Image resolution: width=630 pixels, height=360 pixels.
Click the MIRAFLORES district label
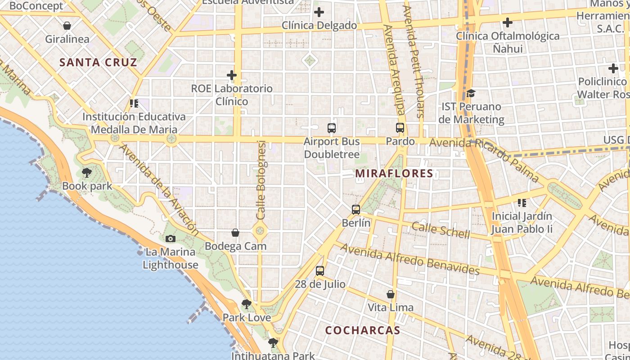point(394,173)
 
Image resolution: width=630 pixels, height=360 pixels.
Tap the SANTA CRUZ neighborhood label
point(98,62)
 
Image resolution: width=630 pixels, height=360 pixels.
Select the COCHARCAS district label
point(363,330)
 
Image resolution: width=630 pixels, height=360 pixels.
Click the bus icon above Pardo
point(400,128)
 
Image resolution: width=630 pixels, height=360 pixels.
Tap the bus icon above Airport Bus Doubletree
point(332,128)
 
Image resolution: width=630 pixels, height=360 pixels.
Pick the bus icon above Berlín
point(356,210)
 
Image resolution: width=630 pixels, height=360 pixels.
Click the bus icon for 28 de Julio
point(320,271)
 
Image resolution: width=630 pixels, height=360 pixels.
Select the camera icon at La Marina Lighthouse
point(171,238)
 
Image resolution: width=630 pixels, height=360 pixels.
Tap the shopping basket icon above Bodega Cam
point(235,233)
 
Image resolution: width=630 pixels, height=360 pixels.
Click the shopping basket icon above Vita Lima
point(391,294)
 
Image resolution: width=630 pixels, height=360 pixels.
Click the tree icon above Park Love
point(247,304)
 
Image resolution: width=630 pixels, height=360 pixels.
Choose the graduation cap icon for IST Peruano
point(471,93)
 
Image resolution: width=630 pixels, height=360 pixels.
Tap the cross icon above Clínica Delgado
point(319,12)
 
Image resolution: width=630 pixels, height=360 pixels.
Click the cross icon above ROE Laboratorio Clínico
point(232,75)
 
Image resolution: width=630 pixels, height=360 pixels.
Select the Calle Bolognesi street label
point(261,180)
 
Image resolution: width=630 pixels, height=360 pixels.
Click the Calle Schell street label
point(441,230)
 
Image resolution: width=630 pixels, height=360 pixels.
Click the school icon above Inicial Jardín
point(522,203)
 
